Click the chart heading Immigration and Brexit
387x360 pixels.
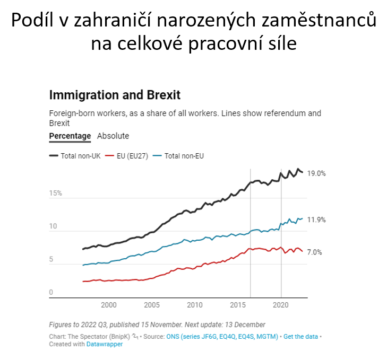coord(115,95)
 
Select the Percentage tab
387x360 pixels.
coord(70,136)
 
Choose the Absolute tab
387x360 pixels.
coord(113,136)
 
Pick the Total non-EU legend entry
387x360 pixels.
coord(184,156)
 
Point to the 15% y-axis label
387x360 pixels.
coord(56,194)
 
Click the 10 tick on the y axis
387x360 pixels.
coord(53,227)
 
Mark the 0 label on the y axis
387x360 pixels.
coord(51,293)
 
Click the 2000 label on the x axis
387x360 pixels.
coord(108,305)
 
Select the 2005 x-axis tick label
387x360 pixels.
coord(152,305)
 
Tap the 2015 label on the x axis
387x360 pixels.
coord(238,305)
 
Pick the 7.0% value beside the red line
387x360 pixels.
coord(314,252)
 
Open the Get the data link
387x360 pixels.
coord(302,336)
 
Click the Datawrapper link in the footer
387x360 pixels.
coord(105,344)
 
